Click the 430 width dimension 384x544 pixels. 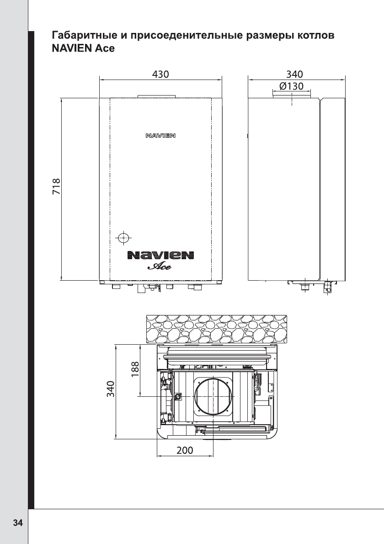coord(160,74)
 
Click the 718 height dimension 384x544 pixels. coord(57,187)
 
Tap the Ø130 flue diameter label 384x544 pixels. coord(291,86)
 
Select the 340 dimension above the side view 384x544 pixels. coord(294,74)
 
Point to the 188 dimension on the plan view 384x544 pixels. coord(135,369)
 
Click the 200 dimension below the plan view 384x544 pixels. coord(185,450)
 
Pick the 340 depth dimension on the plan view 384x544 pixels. coord(110,389)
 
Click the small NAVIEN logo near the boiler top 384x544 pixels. coord(160,135)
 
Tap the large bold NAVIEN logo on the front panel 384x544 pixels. coord(160,256)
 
